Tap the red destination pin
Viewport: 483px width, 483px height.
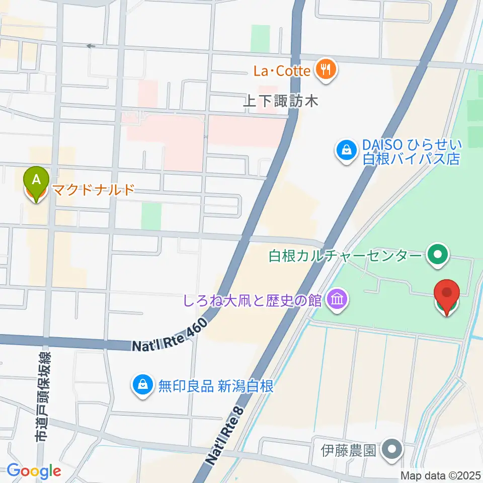point(447,295)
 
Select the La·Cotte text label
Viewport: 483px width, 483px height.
point(282,70)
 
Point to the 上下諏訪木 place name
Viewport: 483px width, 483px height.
point(281,101)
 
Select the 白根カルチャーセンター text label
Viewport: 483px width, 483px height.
point(345,256)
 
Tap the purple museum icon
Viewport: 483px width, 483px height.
point(336,300)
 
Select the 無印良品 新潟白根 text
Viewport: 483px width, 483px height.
point(216,386)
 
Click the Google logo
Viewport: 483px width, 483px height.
point(34,471)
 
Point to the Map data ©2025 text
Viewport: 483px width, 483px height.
point(441,475)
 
